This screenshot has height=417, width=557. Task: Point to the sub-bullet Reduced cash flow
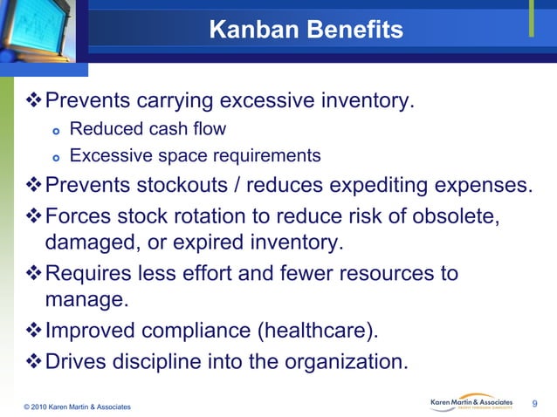[x=148, y=130]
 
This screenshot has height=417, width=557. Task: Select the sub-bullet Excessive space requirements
[x=195, y=156]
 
